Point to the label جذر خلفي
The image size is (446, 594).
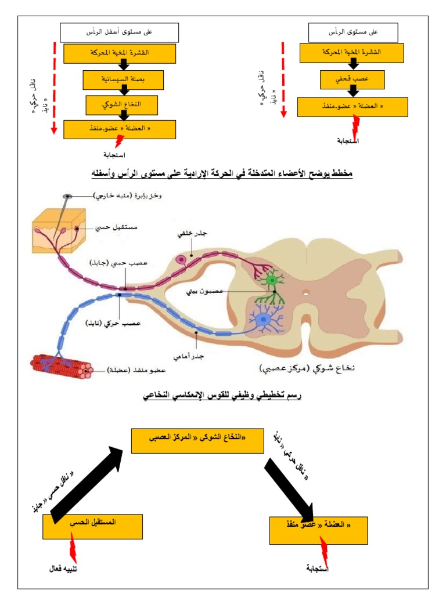point(190,234)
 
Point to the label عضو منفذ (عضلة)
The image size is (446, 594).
point(135,369)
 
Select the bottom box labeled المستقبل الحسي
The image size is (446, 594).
point(92,526)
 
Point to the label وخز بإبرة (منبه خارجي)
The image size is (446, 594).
point(128,196)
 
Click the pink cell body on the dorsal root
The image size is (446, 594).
point(181,259)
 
